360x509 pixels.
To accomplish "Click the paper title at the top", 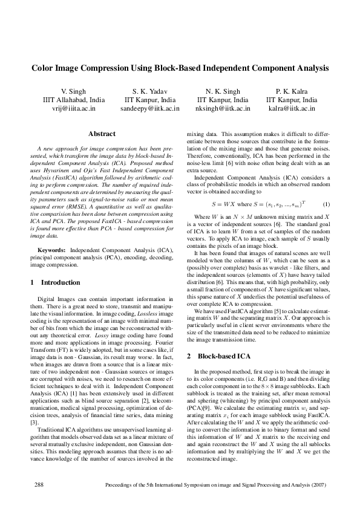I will point(180,69).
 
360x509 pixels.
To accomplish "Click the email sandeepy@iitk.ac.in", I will point(150,109).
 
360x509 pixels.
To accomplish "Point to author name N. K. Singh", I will point(223,91).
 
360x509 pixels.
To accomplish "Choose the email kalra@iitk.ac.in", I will point(292,109).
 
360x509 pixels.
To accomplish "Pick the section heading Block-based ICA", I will point(224,356).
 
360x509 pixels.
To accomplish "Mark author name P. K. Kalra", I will point(292,91).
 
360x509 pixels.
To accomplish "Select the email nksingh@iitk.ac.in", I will point(223,109).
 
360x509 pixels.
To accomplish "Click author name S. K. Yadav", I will point(150,91).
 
